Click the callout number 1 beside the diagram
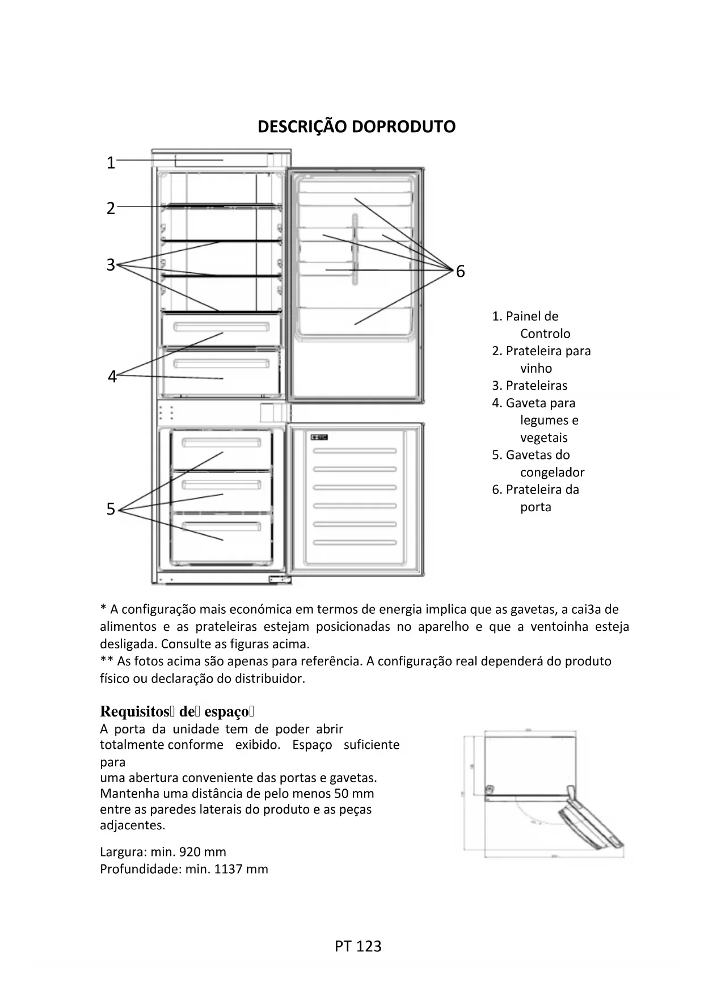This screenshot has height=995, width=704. [x=111, y=163]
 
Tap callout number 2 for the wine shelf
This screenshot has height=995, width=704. [x=111, y=208]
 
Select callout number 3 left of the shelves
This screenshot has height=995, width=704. [x=111, y=265]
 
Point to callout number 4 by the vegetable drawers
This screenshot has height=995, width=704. [x=112, y=377]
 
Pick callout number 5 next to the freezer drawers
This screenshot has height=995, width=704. [x=111, y=509]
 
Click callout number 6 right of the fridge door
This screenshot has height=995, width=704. [x=460, y=272]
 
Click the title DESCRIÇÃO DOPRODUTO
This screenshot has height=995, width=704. [x=356, y=127]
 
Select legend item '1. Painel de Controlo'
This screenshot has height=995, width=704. [x=530, y=324]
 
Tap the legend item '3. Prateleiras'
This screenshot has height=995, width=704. [x=530, y=386]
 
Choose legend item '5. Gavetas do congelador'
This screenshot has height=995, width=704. [x=537, y=463]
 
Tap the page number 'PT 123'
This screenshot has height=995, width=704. [x=358, y=946]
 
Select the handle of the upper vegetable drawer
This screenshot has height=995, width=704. [x=221, y=327]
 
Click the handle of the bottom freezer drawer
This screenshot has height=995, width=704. [x=221, y=526]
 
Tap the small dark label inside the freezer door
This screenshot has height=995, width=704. [x=319, y=437]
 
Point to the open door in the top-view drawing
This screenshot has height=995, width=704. [x=590, y=824]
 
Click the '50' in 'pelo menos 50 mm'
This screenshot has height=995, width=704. [x=342, y=794]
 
